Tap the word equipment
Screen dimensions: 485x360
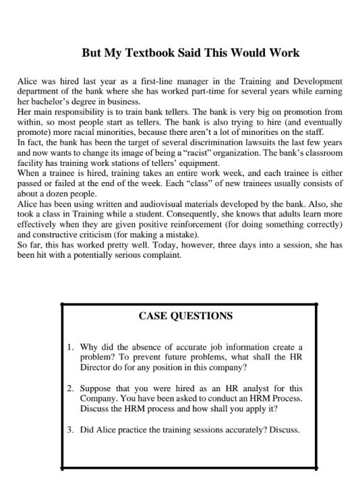(x=196, y=163)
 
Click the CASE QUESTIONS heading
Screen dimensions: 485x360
(x=185, y=316)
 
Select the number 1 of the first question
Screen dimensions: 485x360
(x=70, y=347)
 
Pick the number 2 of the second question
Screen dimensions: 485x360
(x=70, y=389)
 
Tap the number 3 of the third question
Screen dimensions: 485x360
(x=70, y=430)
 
